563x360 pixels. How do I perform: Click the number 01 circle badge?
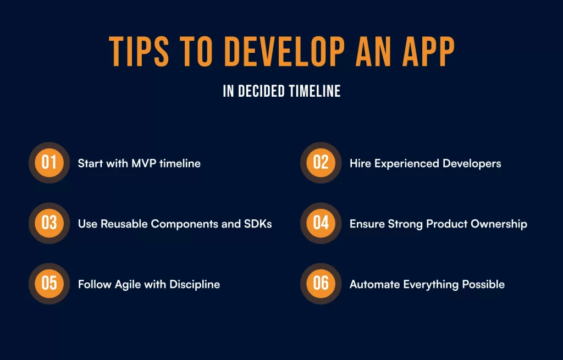tap(49, 163)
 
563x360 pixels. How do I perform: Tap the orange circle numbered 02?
tap(321, 163)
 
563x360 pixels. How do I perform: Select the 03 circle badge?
tap(49, 223)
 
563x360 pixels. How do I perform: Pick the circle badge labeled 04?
tap(321, 223)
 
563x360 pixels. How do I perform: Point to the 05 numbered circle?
tap(49, 284)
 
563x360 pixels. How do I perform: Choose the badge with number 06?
tap(321, 284)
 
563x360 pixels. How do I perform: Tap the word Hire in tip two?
tap(360, 163)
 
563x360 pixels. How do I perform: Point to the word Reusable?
tap(123, 224)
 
